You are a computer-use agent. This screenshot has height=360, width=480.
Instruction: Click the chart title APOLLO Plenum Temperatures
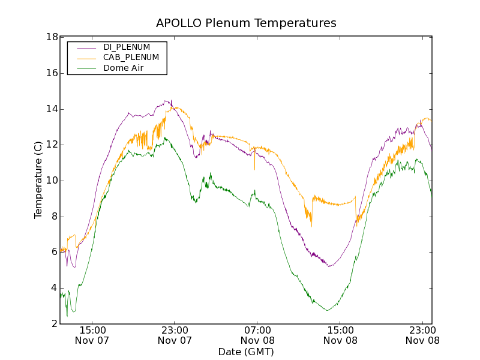(246, 23)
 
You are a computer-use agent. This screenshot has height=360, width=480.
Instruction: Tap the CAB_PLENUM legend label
(131, 58)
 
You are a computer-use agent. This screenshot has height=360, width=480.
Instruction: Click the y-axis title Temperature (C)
(38, 180)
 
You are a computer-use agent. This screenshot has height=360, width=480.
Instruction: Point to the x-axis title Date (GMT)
(246, 352)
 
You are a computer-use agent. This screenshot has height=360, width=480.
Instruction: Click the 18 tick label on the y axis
(52, 37)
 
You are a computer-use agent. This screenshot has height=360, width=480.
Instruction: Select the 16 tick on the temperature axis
(52, 73)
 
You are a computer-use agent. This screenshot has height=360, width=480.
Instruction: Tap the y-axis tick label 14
(52, 109)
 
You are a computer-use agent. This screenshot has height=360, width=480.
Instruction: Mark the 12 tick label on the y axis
(52, 145)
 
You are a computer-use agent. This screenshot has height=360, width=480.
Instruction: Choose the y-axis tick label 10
(52, 181)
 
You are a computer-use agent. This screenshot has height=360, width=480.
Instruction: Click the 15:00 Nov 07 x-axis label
(92, 335)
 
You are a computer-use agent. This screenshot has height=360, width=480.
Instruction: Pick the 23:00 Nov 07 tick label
(175, 335)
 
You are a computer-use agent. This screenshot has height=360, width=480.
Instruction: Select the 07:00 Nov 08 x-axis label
(257, 335)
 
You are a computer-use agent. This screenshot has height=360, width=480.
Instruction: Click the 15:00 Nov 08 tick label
(340, 335)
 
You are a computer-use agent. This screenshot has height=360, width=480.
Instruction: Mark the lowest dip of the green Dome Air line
(67, 316)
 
